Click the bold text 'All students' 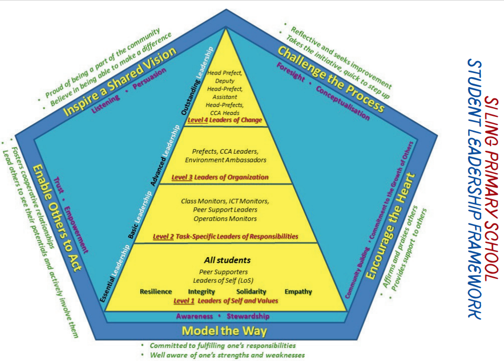coord(227,261)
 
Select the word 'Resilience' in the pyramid coord(155,291)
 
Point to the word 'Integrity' coord(201,291)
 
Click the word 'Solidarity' coord(251,291)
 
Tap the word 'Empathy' coord(298,291)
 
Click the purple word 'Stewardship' coord(248,317)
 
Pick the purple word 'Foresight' coord(291,72)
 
